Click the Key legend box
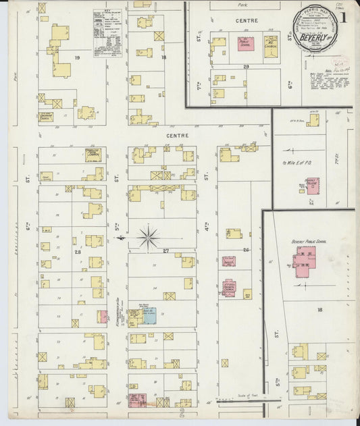[x=108, y=32]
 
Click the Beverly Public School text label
[x=310, y=240]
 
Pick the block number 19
[x=77, y=58]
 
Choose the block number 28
[x=77, y=251]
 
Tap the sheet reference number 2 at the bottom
[x=182, y=409]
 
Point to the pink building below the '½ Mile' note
[x=311, y=186]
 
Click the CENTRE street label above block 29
[x=247, y=21]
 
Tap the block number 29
[x=246, y=67]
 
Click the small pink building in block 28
[x=103, y=316]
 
